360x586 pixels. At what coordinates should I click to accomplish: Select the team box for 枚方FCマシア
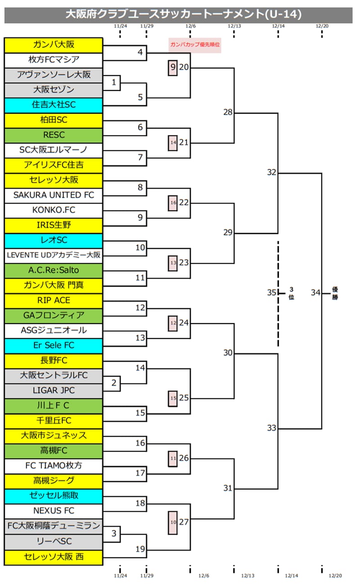pos(54,60)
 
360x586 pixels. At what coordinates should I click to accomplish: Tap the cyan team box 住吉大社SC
pos(54,105)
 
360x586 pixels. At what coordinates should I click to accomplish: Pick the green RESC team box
pos(54,135)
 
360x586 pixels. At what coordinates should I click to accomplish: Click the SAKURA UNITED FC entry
pos(54,195)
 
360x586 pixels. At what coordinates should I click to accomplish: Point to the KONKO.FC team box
pos(54,210)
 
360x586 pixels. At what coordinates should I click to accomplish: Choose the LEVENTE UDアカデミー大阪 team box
pos(54,255)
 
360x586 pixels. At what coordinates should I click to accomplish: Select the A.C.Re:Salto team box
pos(54,270)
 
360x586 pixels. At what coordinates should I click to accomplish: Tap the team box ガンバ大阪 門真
pos(54,285)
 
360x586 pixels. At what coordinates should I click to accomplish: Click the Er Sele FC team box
pos(54,345)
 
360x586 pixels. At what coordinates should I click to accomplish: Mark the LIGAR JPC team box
pos(54,390)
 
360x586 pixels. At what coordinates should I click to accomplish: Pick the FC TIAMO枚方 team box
pos(54,465)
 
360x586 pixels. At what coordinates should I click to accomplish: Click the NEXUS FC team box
pos(54,511)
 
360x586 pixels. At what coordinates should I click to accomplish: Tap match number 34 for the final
pos(315,293)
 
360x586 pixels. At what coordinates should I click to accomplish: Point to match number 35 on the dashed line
pos(271,293)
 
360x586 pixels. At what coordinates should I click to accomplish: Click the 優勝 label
pos(335,293)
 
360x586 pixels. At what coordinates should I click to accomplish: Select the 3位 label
pos(291,293)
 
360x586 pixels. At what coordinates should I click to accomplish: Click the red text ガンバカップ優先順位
pos(195,45)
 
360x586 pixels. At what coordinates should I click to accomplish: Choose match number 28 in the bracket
pos(228,112)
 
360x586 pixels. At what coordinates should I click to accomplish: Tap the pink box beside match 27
pos(173,522)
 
